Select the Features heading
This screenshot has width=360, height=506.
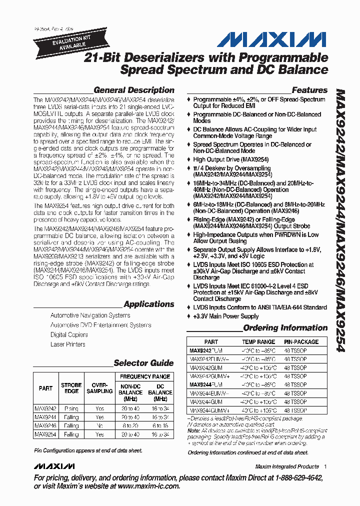coord(309,90)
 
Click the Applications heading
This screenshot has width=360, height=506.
coord(148,304)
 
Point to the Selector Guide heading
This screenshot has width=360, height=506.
coord(143,363)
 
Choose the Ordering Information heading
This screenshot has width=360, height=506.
coord(285,328)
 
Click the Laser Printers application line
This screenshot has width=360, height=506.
coord(68,344)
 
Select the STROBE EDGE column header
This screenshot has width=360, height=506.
coord(71,388)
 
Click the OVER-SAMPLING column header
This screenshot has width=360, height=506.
coord(100,388)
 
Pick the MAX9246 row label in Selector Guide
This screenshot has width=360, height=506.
coord(45,425)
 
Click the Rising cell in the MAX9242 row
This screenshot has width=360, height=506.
coord(71,408)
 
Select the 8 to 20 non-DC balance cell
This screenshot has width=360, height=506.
coord(130,425)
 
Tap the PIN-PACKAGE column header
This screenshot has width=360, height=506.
coord(301,342)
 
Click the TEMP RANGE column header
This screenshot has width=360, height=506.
coord(258,342)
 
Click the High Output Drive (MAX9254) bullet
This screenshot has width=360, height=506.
coord(231,159)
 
